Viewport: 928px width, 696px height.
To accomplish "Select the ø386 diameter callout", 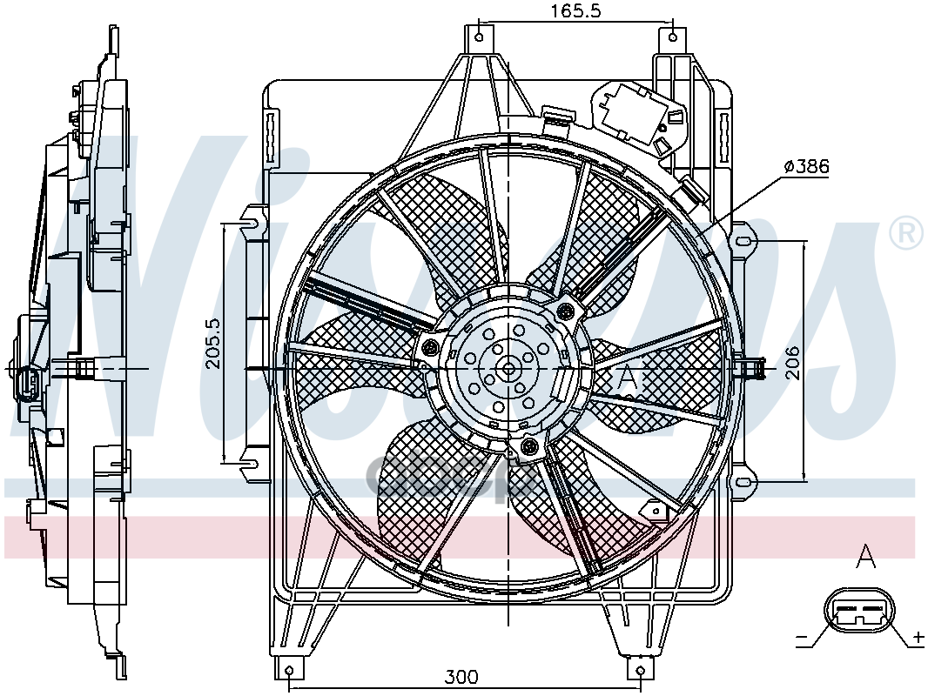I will (x=806, y=166).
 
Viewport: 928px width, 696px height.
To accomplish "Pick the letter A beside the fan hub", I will (x=629, y=378).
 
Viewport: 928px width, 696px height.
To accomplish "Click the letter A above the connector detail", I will (x=864, y=555).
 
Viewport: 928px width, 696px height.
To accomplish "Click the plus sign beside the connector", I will (x=917, y=639).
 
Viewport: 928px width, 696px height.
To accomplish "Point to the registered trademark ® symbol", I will (x=905, y=234).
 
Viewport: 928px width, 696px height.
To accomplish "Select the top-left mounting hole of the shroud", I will (x=479, y=37).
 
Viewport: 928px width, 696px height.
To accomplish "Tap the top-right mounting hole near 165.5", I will (x=673, y=37).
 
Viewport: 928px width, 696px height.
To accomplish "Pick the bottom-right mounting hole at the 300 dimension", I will (x=641, y=670).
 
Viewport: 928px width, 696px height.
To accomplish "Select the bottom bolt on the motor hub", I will (x=529, y=447).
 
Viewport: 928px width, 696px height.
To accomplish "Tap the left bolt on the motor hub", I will (x=429, y=348).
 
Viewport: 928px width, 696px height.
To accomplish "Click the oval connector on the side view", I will (x=26, y=384).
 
